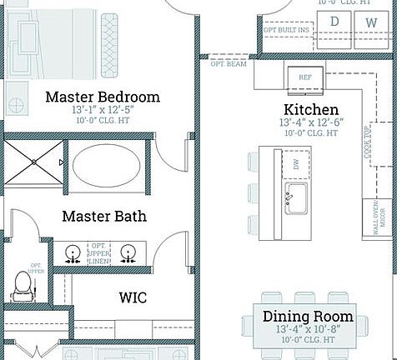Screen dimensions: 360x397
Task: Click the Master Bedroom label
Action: (x=103, y=97)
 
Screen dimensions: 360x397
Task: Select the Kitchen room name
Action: (x=311, y=110)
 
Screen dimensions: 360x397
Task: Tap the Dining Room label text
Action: (x=308, y=317)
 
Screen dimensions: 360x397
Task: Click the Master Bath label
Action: (x=104, y=217)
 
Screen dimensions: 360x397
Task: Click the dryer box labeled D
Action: (x=334, y=22)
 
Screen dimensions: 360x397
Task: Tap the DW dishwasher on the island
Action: (x=296, y=165)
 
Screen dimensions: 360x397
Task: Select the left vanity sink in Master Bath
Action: (x=73, y=253)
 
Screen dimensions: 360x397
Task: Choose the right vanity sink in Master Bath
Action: (x=128, y=252)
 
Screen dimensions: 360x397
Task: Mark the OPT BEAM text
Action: (x=228, y=63)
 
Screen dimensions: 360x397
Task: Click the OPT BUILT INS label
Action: (x=286, y=30)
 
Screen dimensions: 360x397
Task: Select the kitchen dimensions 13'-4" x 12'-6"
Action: (x=311, y=122)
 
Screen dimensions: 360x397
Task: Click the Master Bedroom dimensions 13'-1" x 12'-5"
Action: (x=102, y=110)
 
